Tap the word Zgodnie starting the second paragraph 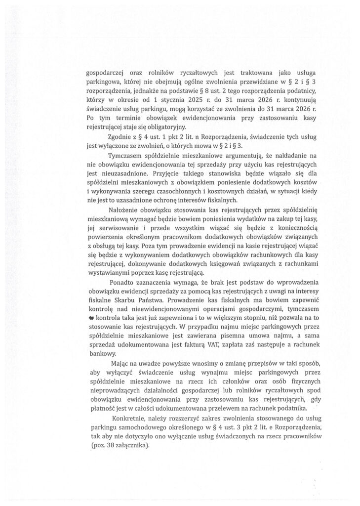(119, 136)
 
